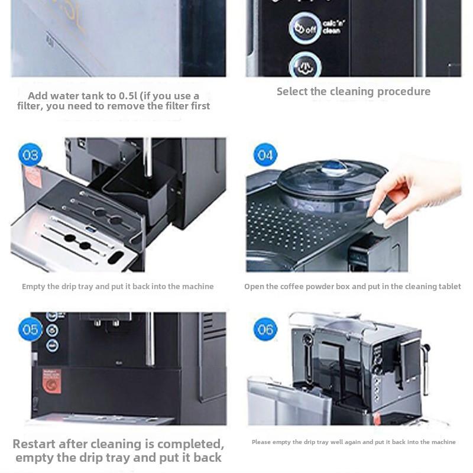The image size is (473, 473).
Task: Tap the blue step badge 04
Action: [x=265, y=155]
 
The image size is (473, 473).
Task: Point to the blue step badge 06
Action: [x=265, y=329]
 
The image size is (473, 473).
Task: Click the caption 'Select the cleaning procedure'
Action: [x=354, y=92]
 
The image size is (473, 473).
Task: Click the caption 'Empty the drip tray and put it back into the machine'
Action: [x=118, y=287]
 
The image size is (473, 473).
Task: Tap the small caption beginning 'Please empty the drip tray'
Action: [x=354, y=442]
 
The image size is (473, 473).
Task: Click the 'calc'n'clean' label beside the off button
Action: [x=332, y=27]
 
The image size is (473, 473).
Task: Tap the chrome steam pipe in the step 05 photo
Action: [x=150, y=340]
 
